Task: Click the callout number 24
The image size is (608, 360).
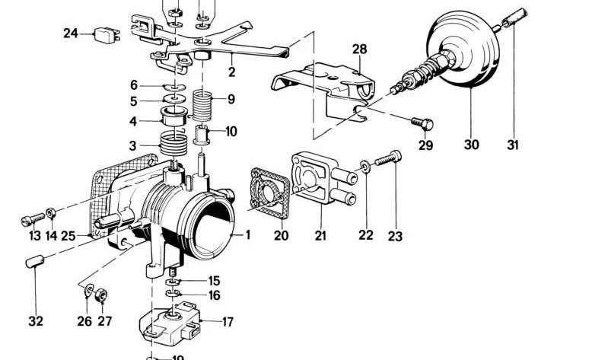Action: [x=71, y=33]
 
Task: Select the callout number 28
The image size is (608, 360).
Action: [x=359, y=49]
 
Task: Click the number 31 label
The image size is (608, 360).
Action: [x=514, y=143]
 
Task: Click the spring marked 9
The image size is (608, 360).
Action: [x=202, y=104]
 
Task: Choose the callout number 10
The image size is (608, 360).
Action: [x=231, y=131]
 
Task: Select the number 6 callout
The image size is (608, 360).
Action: [x=134, y=85]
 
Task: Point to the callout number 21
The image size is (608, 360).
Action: [x=320, y=236]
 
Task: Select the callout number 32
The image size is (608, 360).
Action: [x=36, y=320]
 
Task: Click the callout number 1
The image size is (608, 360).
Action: [x=247, y=235]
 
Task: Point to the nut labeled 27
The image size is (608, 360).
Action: [x=100, y=294]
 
